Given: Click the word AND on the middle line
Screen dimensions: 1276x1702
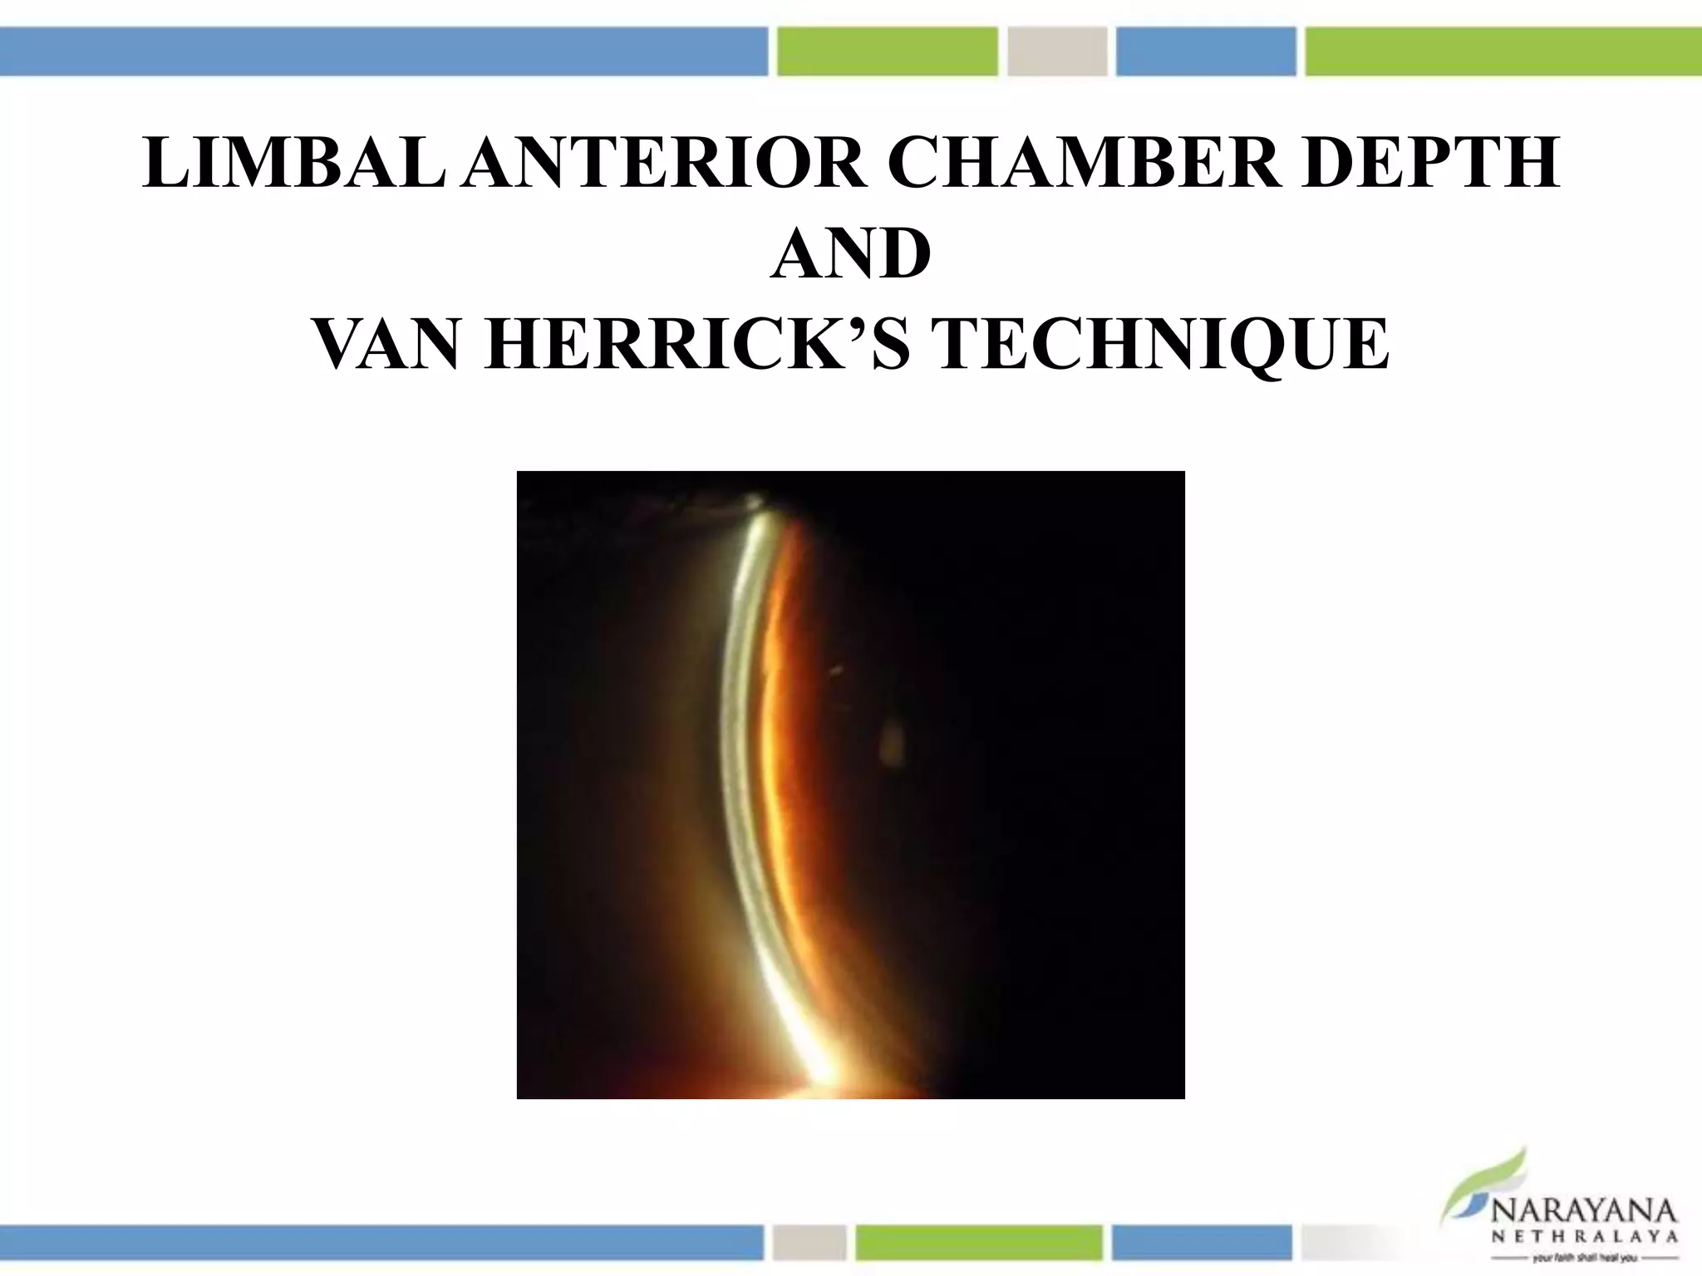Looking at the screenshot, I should point(850,253).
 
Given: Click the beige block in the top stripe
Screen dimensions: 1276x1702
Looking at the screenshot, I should point(1057,52).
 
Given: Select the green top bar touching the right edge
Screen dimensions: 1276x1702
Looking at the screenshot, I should point(1503,52).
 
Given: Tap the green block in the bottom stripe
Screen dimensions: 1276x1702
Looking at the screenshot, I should point(978,1242).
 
